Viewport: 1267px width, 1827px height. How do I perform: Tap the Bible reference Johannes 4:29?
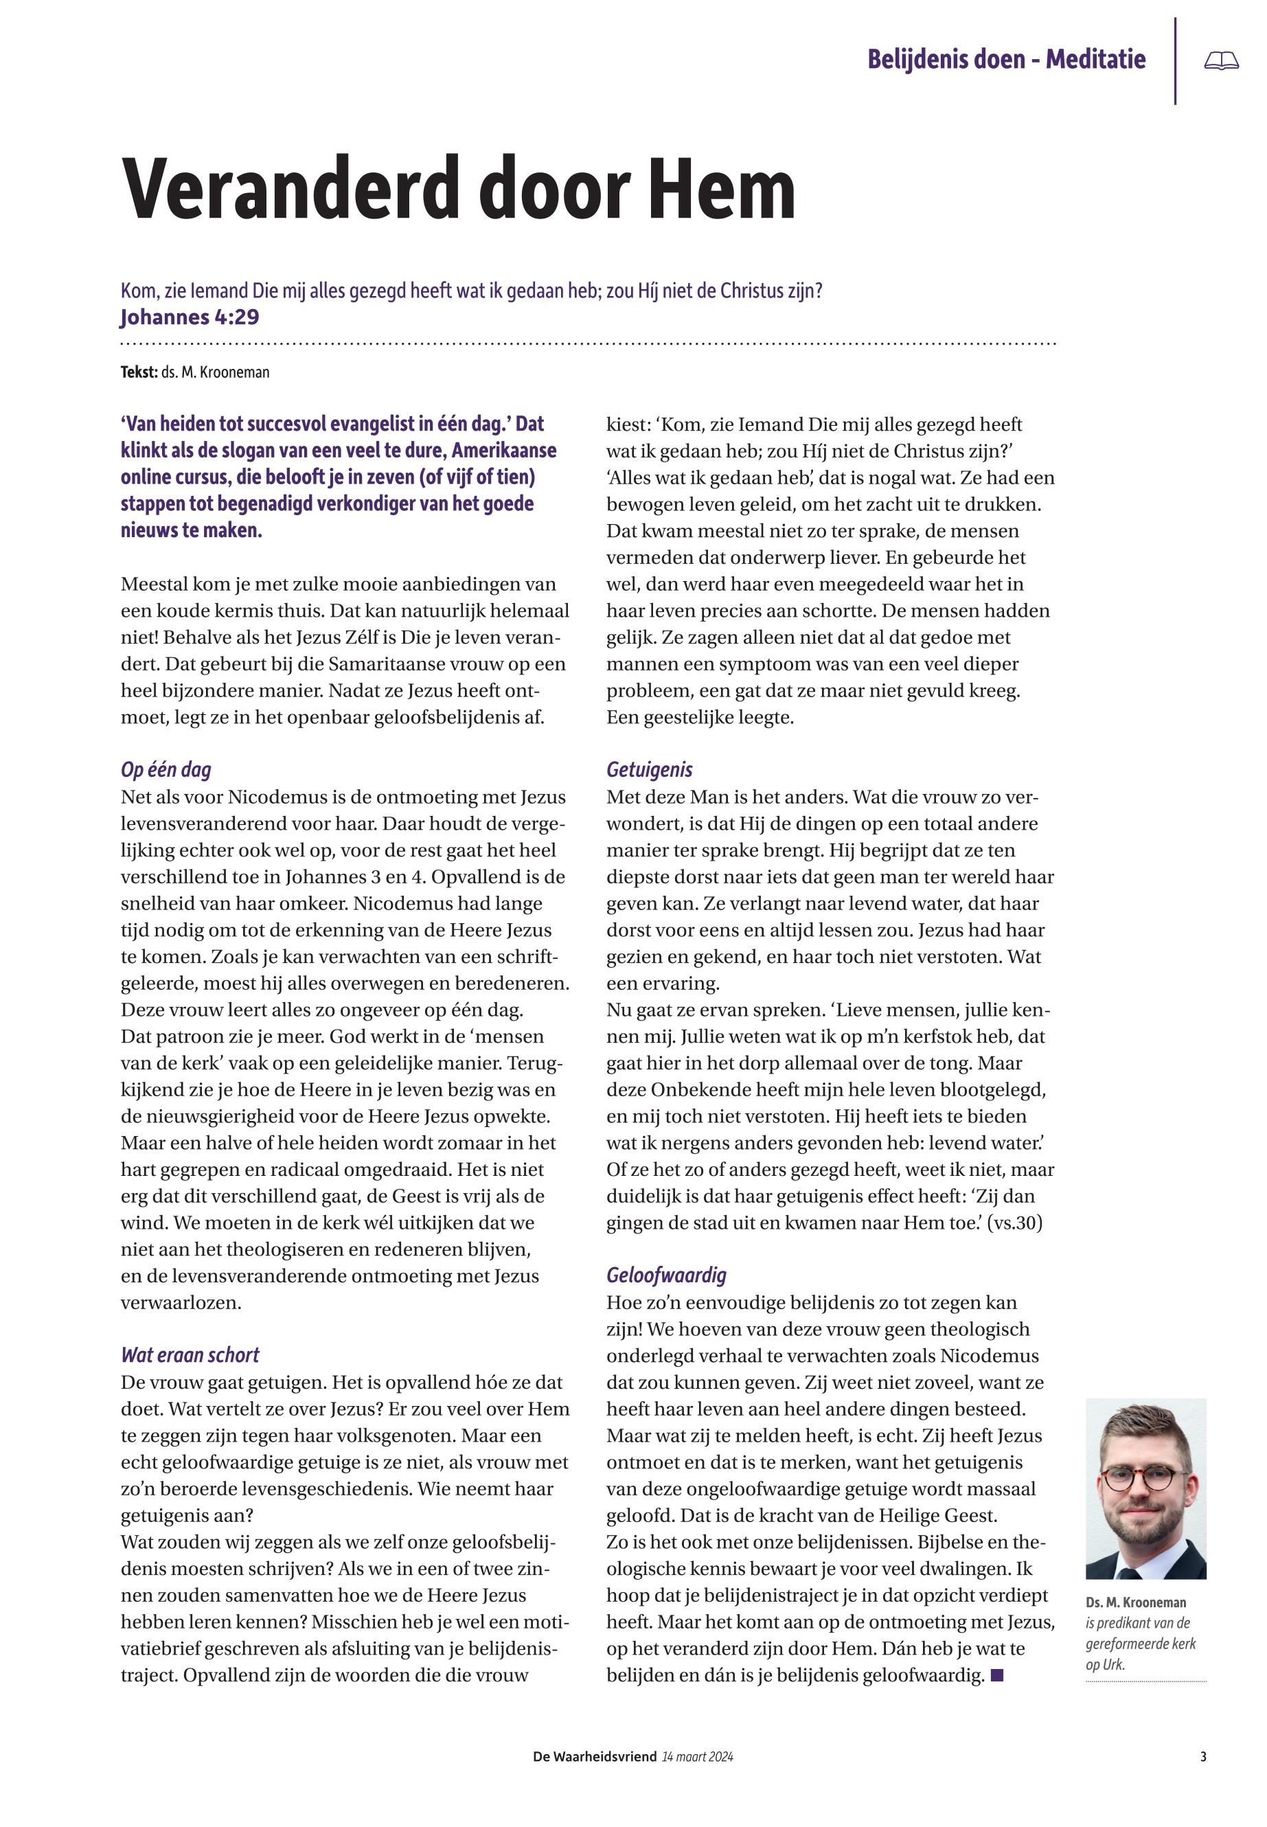click(x=190, y=317)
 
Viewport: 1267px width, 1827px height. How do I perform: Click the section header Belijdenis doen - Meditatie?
click(x=1006, y=60)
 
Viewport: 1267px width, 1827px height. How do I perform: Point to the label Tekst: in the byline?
click(x=139, y=372)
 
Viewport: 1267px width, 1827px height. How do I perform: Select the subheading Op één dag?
click(x=166, y=769)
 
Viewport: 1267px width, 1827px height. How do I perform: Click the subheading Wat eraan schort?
click(x=190, y=1354)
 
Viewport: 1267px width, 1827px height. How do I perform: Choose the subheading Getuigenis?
click(x=650, y=769)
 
